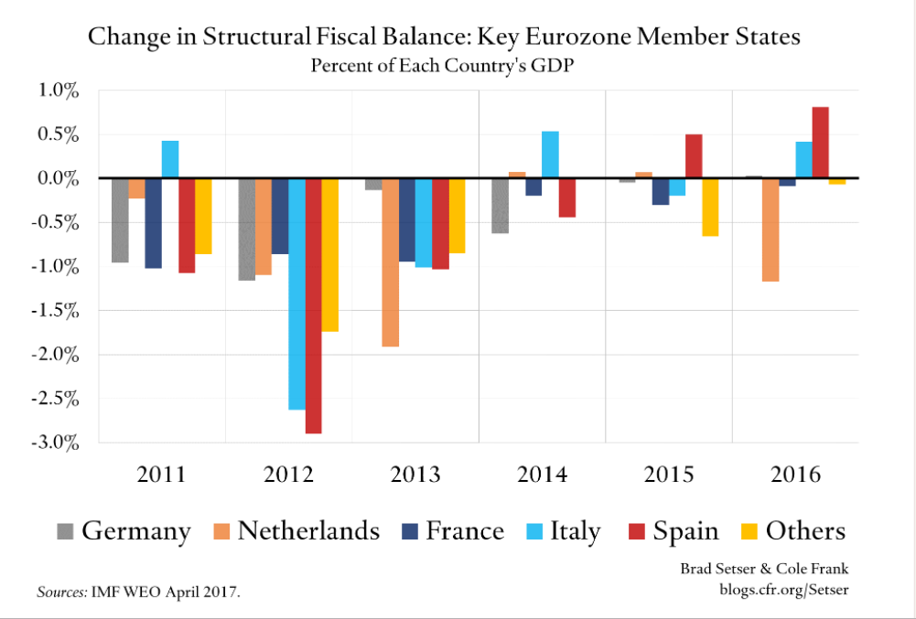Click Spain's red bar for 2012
tap(313, 305)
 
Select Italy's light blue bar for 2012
tap(296, 293)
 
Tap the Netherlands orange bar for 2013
tap(390, 262)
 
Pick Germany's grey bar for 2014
tap(500, 206)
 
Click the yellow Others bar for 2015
tap(709, 207)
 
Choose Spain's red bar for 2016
tap(820, 142)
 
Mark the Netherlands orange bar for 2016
tap(771, 229)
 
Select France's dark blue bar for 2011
tap(153, 223)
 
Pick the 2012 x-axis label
tap(289, 475)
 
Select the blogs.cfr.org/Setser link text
tap(783, 590)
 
